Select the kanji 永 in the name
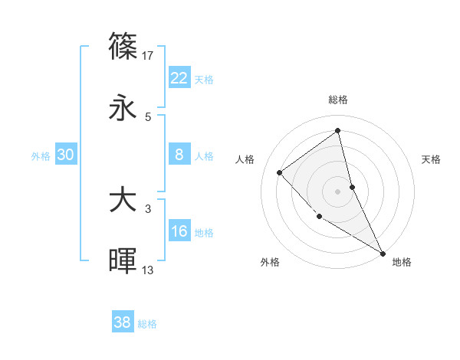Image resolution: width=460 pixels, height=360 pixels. pos(123,108)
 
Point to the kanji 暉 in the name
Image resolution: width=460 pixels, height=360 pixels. pos(123,261)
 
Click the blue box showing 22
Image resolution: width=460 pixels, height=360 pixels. pos(179,78)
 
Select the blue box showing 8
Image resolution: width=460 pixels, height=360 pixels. pos(179,155)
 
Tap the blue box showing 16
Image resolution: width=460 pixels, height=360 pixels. pos(179,231)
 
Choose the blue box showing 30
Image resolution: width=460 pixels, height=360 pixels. pos(66,155)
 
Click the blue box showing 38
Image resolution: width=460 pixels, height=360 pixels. pos(122,322)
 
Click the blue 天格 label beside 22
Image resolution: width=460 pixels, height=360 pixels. pos(204,80)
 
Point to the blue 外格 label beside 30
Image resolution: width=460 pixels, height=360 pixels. pos(41,156)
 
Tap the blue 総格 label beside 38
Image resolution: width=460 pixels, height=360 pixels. pos(147,324)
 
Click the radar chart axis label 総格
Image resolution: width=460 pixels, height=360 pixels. pos(338,100)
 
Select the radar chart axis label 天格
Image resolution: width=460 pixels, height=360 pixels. pos(432,159)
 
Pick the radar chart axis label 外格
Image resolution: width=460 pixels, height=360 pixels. pos(270,262)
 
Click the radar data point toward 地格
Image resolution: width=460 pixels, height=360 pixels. pos(383,253)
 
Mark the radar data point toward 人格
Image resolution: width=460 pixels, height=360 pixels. pos(280,172)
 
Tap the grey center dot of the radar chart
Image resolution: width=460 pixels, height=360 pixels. pos(338,191)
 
